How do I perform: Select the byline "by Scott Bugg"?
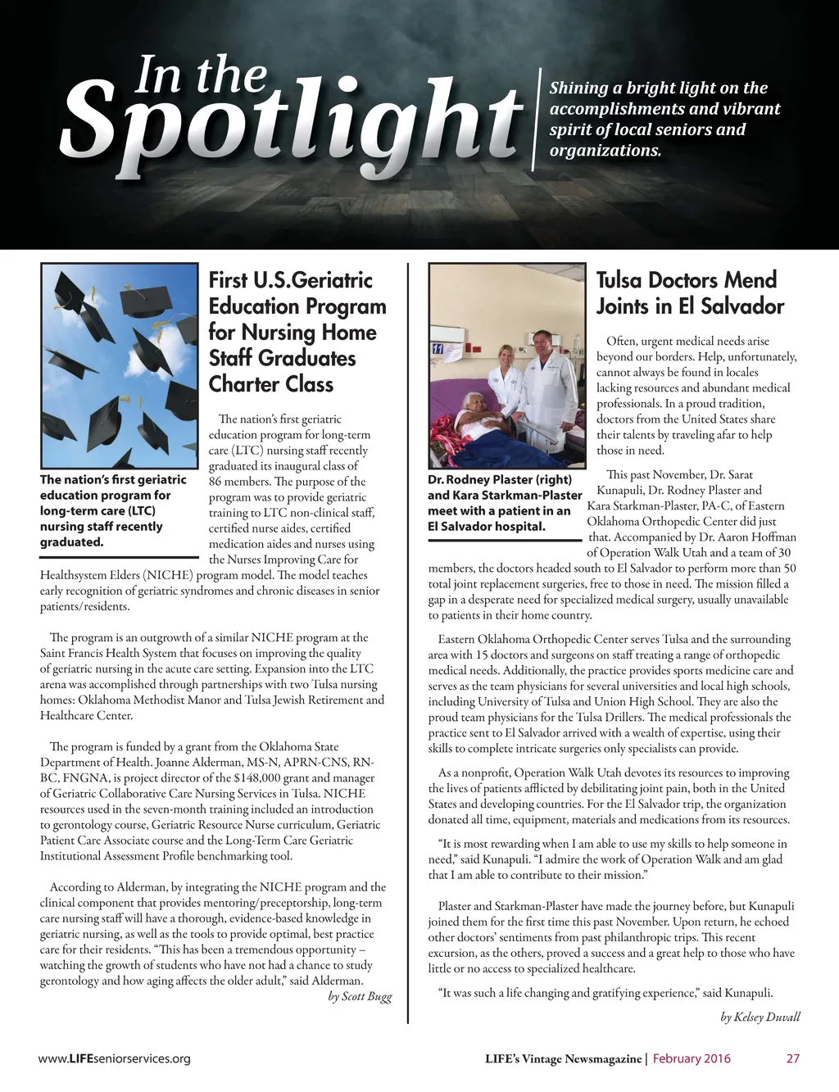360,996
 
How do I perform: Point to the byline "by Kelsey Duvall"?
760,1017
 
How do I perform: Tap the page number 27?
792,1058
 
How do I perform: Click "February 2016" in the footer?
692,1058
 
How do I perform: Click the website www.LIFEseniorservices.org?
114,1058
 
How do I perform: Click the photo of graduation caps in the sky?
119,366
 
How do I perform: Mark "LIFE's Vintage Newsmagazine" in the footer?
563,1058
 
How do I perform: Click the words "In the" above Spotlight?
201,75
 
